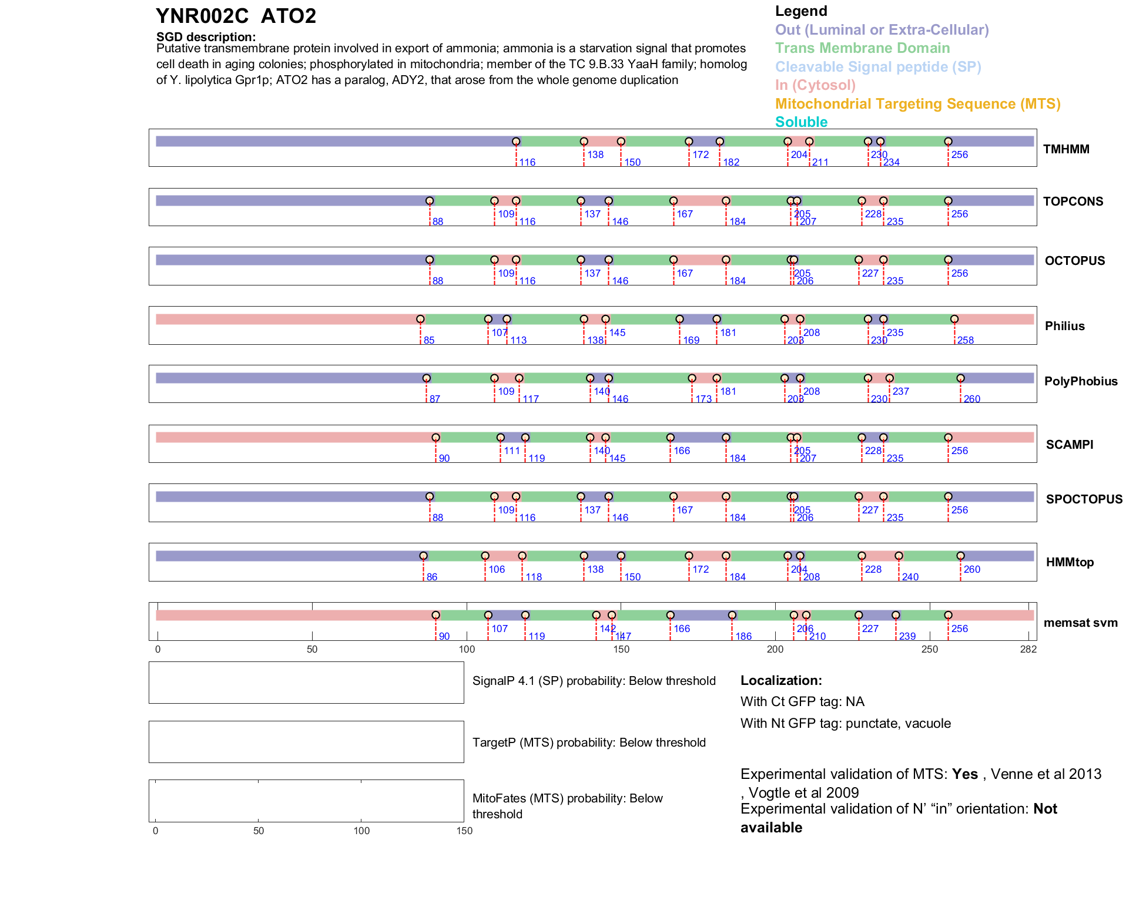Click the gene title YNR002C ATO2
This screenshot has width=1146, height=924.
point(236,16)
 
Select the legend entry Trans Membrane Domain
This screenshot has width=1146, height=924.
point(862,48)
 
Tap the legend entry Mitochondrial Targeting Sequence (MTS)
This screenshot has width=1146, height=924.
point(917,104)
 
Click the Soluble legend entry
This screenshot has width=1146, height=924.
point(801,122)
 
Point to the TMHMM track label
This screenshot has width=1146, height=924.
point(1066,149)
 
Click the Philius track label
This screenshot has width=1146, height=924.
point(1064,326)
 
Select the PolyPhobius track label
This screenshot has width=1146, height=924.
point(1080,381)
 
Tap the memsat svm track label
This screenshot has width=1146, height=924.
point(1080,623)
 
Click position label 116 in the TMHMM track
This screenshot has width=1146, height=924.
point(527,163)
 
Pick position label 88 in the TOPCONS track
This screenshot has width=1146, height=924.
point(438,222)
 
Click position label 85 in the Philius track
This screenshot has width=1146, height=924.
point(429,341)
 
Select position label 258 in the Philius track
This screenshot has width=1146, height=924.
point(965,341)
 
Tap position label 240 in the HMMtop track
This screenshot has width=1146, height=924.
point(910,577)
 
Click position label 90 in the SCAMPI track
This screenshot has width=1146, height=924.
point(444,459)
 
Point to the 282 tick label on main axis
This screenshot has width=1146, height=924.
point(1028,650)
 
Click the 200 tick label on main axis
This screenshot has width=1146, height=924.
point(775,650)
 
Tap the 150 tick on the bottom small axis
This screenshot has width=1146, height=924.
point(464,831)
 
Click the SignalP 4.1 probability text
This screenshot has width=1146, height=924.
point(594,681)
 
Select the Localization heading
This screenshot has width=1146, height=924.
point(781,681)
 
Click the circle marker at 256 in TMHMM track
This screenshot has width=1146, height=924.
point(948,142)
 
